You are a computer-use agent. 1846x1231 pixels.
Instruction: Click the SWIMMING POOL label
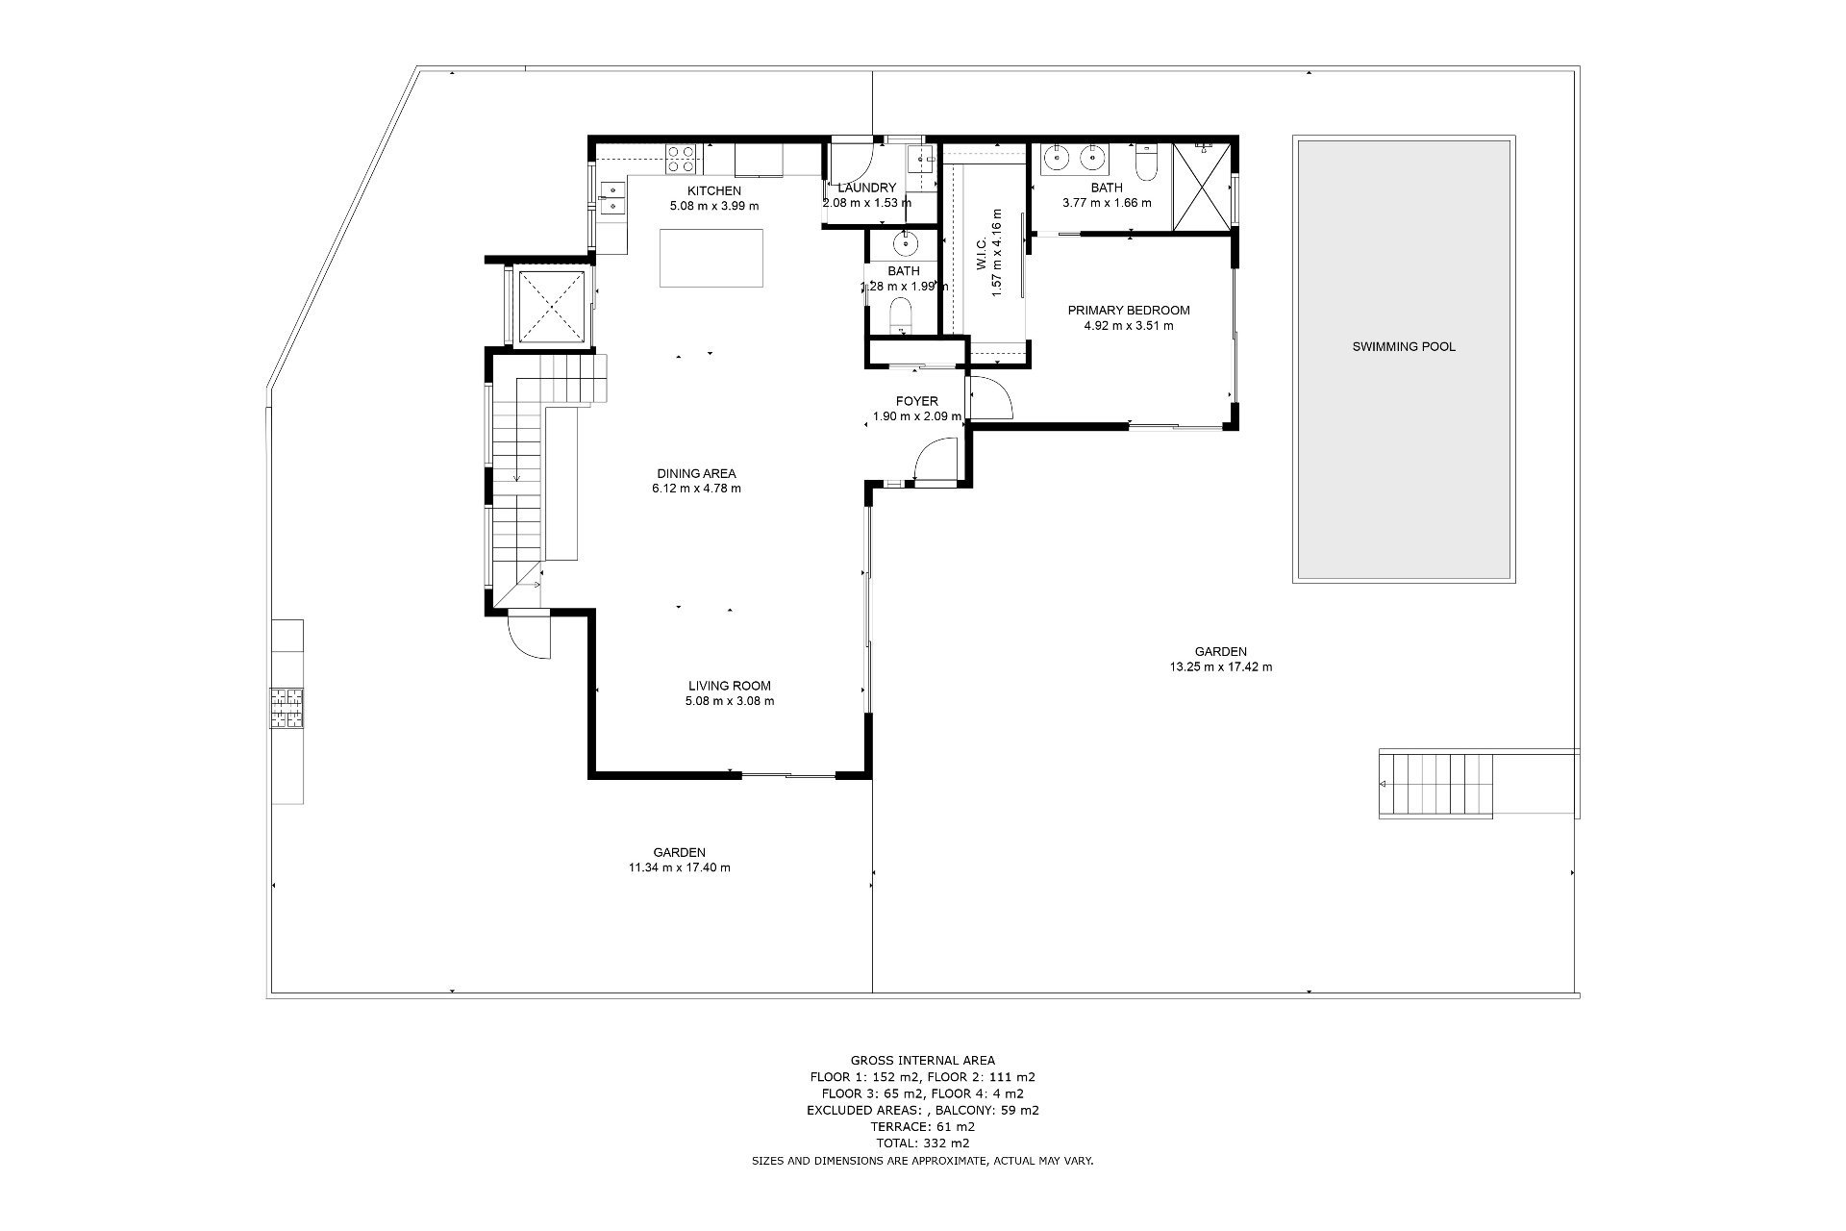coord(1404,347)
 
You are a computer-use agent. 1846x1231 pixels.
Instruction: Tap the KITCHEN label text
coord(713,191)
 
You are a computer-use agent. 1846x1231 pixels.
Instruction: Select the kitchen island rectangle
coord(711,258)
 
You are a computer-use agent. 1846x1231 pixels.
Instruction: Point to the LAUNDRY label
coord(866,188)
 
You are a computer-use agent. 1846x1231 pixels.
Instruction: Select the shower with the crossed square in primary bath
coord(1201,186)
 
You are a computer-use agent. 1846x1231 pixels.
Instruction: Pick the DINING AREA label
coord(696,473)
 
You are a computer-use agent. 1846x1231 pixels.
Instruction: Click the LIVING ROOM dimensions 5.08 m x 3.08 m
coord(729,701)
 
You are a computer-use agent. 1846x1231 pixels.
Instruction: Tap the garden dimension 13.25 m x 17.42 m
coord(1220,666)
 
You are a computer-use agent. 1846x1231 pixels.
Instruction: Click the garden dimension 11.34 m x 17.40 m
coord(679,867)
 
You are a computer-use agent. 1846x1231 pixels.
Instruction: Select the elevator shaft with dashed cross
coord(551,307)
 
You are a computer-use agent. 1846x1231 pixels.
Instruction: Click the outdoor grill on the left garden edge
coord(287,711)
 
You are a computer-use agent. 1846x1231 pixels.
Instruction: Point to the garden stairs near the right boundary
coord(1436,784)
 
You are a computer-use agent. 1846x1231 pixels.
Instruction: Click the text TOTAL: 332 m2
coord(922,1143)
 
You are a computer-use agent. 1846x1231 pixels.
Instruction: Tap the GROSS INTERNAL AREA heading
coord(922,1061)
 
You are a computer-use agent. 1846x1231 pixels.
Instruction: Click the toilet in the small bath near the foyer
coord(902,314)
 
